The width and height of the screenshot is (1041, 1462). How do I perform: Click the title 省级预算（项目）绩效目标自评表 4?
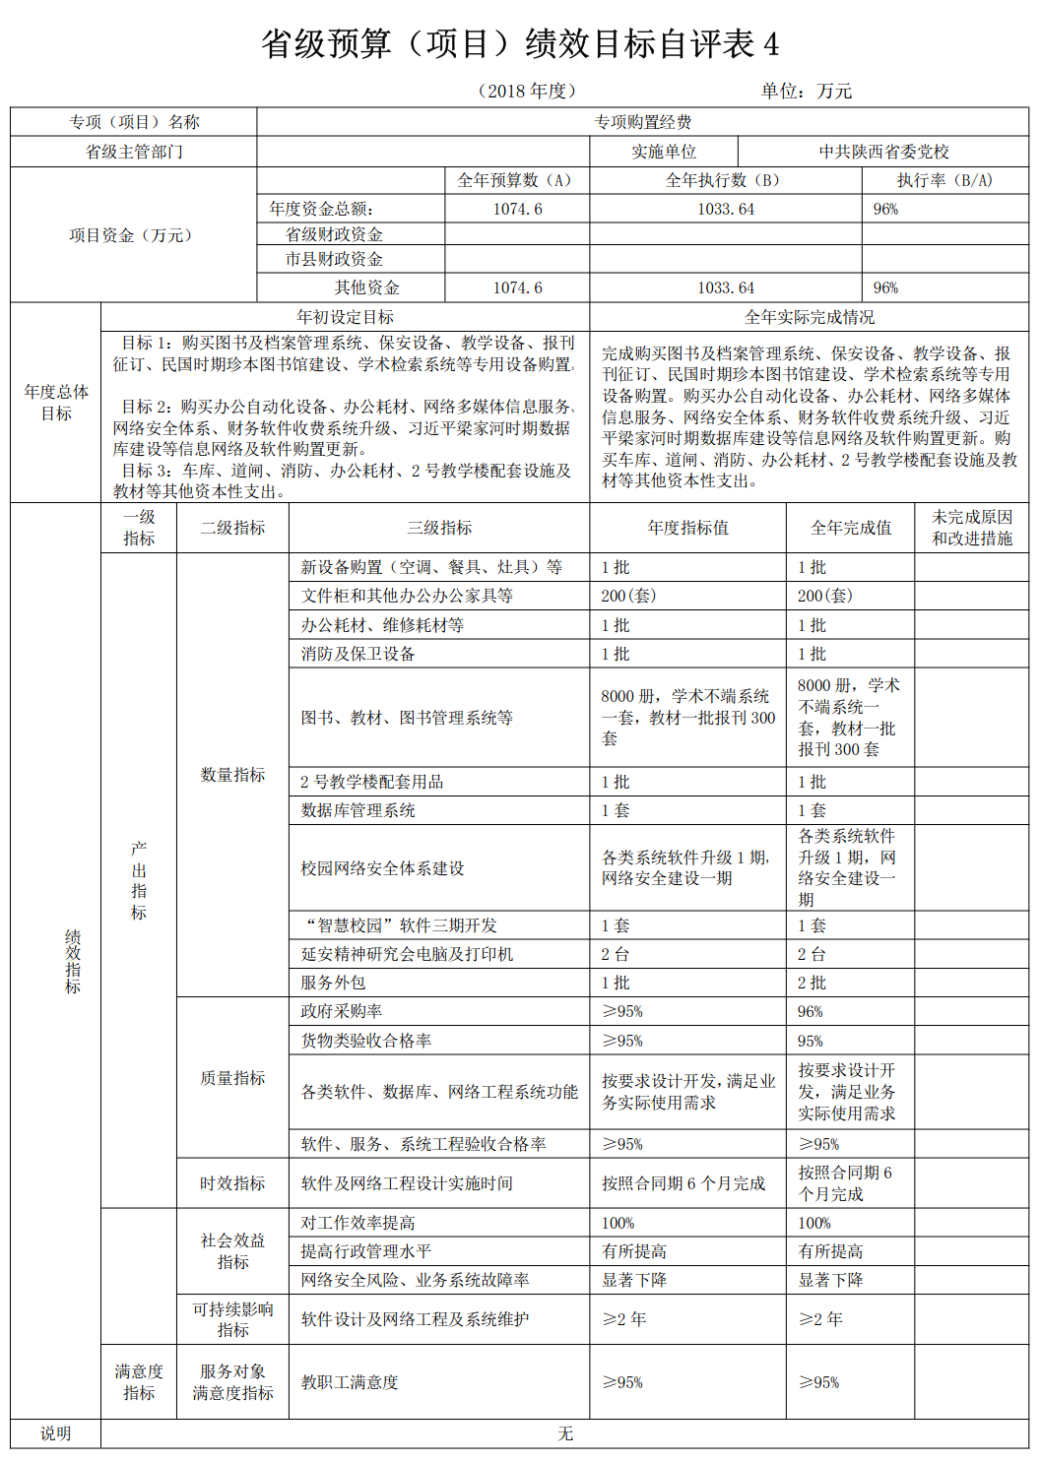pos(520,44)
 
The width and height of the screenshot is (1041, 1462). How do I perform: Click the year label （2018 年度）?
pos(526,92)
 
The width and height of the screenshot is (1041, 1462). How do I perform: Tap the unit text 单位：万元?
pos(806,92)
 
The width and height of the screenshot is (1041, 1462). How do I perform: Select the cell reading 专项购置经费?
pos(642,122)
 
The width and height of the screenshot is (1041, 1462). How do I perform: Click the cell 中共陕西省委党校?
pos(883,152)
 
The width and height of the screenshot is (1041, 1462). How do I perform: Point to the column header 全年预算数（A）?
pos(517,180)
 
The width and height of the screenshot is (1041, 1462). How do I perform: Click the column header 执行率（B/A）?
pos(944,180)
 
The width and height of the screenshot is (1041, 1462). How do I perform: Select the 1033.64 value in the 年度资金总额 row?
pos(726,209)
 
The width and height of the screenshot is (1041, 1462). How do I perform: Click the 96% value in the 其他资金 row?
pos(885,287)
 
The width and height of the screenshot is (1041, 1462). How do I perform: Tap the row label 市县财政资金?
pos(334,259)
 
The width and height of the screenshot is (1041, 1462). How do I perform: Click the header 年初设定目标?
pos(345,317)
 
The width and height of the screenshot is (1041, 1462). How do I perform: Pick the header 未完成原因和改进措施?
pos(971,528)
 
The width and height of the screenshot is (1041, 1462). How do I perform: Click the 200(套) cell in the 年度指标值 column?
pos(628,596)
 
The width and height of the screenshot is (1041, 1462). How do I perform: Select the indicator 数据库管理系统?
pos(358,810)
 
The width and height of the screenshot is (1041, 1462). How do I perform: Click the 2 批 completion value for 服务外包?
pos(813,983)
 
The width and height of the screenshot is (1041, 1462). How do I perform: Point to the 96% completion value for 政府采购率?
pos(811,1011)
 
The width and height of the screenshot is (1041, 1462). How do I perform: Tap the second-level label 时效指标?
pos(232,1183)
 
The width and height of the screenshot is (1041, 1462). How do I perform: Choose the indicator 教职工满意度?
pos(350,1382)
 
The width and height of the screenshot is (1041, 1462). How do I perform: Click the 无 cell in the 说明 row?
pos(564,1433)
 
